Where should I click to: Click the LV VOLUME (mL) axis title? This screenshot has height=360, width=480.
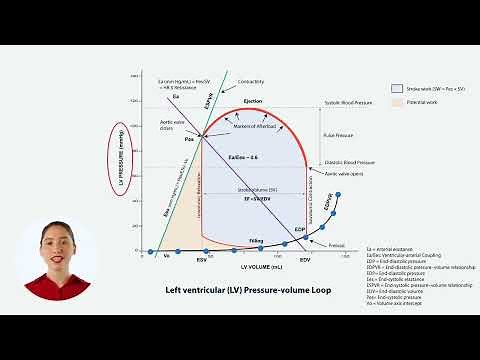pyautogui.click(x=241, y=266)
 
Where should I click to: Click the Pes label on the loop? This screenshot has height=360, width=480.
pyautogui.click(x=189, y=139)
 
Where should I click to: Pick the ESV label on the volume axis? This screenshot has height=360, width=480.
pyautogui.click(x=201, y=258)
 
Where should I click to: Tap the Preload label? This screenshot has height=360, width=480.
pyautogui.click(x=337, y=245)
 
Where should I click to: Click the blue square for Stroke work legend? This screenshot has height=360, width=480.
pyautogui.click(x=398, y=89)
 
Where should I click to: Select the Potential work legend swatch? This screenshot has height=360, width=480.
pyautogui.click(x=398, y=103)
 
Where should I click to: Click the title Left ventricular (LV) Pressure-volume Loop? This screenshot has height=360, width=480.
pyautogui.click(x=241, y=289)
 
